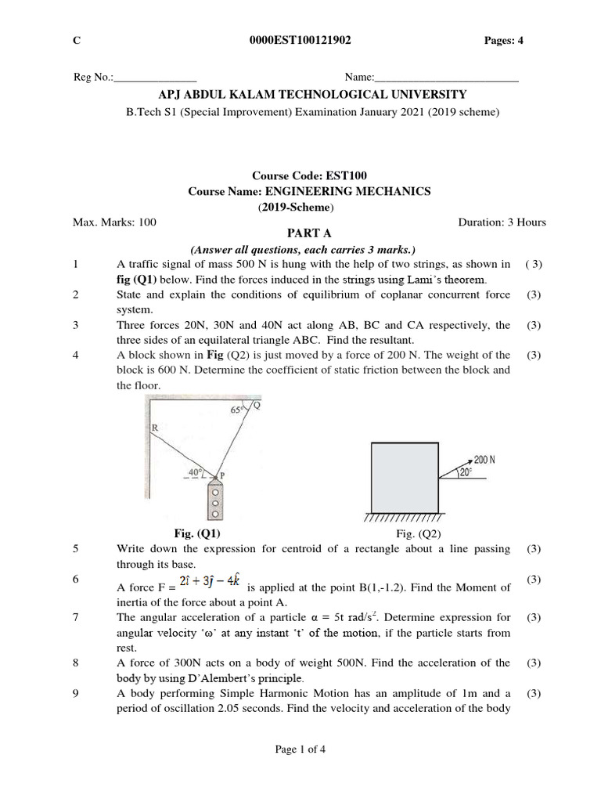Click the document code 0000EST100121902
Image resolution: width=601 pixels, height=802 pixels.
coord(300,42)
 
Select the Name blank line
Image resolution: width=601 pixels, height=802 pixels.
coord(447,79)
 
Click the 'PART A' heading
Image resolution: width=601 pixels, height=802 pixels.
coord(300,235)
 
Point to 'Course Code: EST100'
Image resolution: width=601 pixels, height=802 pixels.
coord(300,177)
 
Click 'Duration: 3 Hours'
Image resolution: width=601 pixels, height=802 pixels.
coord(502,222)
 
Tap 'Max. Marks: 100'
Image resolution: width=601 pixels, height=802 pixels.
coord(114,222)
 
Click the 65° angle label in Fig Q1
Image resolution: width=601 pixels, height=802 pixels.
coord(238,410)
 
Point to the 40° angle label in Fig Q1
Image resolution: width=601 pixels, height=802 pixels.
coord(196,472)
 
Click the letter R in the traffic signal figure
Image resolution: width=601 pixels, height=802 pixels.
coord(154,428)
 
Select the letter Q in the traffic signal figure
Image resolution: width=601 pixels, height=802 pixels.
coord(257,405)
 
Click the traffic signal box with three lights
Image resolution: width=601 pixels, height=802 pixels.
coord(216,501)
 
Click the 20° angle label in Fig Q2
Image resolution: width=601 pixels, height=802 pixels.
coord(465,472)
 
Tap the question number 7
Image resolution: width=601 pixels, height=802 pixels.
coord(76,617)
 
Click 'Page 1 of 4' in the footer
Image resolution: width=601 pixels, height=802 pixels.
coord(300,750)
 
